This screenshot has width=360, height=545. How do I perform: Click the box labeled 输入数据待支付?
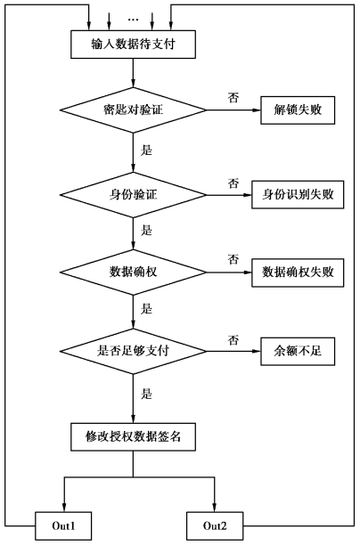click(x=133, y=45)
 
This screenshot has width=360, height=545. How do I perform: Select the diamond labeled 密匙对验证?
click(x=133, y=110)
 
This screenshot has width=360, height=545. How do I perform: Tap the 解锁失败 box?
click(x=298, y=110)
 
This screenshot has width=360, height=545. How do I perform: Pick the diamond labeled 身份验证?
click(x=133, y=195)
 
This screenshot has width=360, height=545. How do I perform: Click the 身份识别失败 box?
click(x=298, y=195)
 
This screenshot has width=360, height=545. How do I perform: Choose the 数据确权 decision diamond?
click(x=133, y=272)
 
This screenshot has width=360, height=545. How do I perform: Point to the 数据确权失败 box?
click(x=298, y=272)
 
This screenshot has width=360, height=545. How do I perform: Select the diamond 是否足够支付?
click(x=133, y=351)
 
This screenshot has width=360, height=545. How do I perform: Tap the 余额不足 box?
click(x=298, y=351)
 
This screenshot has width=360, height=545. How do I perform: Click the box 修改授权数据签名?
click(x=133, y=437)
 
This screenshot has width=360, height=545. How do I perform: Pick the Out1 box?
click(x=63, y=525)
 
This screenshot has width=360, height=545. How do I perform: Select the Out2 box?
click(x=215, y=525)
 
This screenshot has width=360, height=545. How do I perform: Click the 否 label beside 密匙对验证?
click(x=233, y=98)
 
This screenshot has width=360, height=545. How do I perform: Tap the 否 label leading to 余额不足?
click(x=233, y=339)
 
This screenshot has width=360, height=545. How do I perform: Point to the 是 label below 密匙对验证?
click(x=146, y=150)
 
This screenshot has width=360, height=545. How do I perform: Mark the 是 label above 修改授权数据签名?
click(x=146, y=394)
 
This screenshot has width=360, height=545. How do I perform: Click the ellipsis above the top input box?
click(x=133, y=20)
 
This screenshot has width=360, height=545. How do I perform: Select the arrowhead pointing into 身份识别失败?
click(x=248, y=195)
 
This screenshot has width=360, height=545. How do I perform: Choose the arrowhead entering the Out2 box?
click(x=214, y=508)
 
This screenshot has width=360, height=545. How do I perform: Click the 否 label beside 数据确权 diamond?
click(x=233, y=259)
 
